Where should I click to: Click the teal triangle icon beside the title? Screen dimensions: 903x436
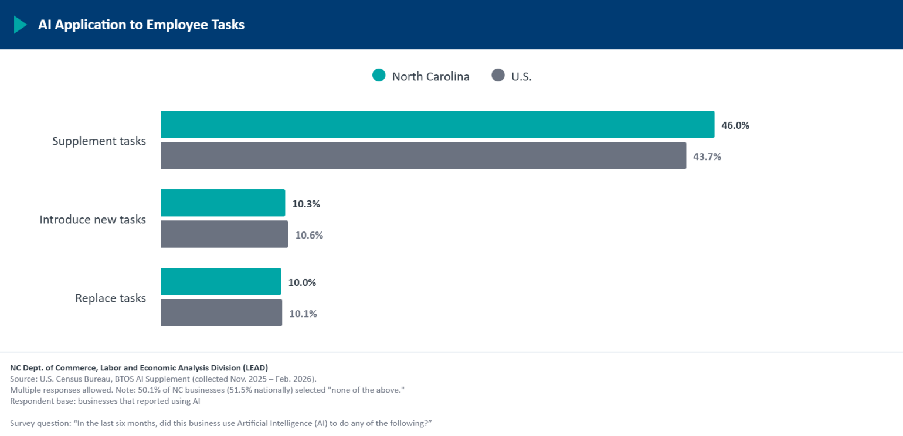(x=20, y=25)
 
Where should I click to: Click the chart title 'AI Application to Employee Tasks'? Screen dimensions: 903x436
(x=141, y=25)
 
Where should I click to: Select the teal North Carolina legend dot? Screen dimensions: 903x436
(x=379, y=76)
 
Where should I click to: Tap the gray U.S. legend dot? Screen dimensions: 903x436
(x=498, y=76)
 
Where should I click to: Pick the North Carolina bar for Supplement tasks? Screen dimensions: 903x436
(x=438, y=124)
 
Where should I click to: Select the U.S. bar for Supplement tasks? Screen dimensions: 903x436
(x=424, y=155)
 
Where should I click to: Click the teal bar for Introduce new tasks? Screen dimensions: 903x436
(x=223, y=203)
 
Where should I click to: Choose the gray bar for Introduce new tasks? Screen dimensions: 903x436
(x=225, y=234)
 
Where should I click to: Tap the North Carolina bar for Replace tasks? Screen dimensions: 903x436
(x=221, y=282)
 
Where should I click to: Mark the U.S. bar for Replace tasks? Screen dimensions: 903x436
(x=222, y=313)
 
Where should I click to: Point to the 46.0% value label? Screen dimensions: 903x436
(x=735, y=125)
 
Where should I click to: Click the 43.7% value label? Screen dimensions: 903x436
(x=707, y=156)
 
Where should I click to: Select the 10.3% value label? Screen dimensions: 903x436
(x=306, y=204)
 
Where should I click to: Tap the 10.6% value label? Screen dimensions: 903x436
(x=309, y=235)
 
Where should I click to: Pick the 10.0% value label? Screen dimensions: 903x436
(x=302, y=282)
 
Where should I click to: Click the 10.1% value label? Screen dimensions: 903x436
(x=303, y=314)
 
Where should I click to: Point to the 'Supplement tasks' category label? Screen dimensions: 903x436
(x=99, y=141)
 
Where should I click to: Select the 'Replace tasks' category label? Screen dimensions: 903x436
(x=110, y=298)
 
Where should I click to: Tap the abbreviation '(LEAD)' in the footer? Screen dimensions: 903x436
(x=255, y=368)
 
